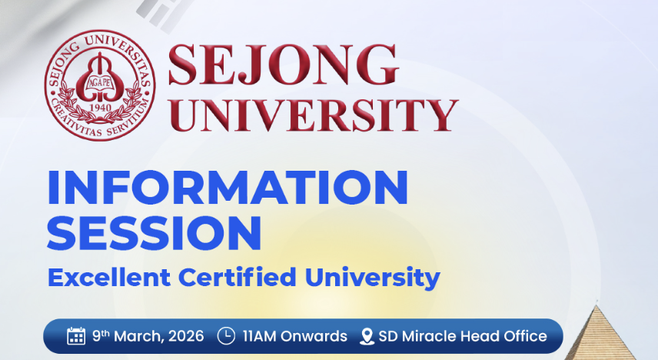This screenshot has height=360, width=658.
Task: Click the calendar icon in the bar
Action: pos(76,336)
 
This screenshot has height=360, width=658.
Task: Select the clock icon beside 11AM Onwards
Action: pos(226,336)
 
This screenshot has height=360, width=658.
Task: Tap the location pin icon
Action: pos(366,336)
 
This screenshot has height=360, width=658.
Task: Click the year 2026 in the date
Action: pos(185,336)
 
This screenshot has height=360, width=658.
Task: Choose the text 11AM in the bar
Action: pos(259,336)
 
